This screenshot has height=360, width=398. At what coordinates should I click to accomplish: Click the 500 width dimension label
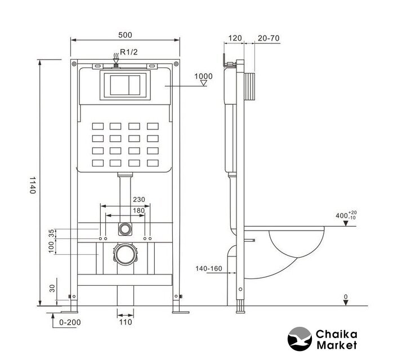point(125,35)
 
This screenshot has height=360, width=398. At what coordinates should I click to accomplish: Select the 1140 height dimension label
point(33,185)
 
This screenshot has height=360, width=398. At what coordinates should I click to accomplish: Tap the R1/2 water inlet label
point(129,52)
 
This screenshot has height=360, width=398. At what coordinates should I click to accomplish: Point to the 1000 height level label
point(203,76)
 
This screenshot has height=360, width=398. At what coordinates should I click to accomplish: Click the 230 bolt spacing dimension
point(139,200)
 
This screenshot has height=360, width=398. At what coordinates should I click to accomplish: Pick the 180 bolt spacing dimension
point(138,210)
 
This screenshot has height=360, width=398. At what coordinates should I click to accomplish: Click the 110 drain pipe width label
point(126,322)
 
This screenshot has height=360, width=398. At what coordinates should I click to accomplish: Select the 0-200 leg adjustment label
point(70,322)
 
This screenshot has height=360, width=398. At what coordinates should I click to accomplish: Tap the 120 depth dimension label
point(235,38)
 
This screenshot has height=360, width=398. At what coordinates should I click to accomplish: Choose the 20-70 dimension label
point(269,38)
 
